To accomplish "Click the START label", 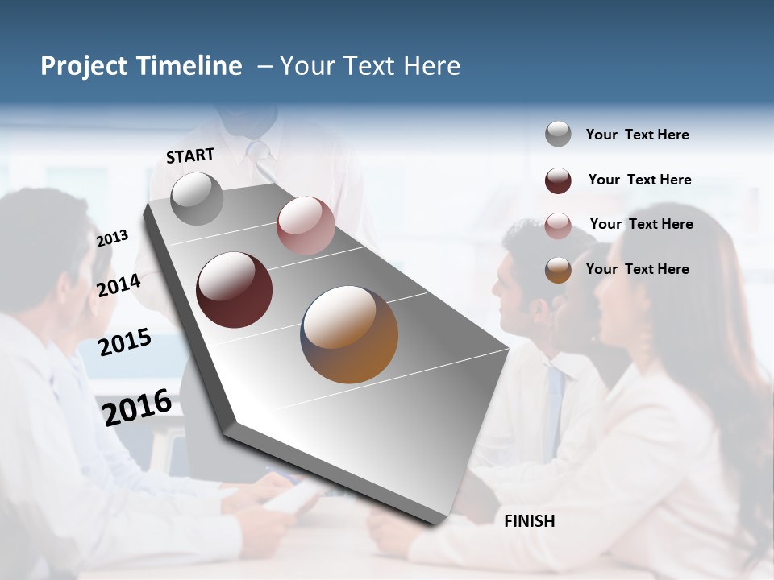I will point(190,155).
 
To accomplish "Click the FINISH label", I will point(529,521).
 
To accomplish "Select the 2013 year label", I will point(112,238).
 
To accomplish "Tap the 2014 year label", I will point(119,285).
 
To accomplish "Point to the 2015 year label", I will point(124,342).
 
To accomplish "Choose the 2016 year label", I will point(137,407).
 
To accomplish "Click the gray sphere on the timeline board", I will point(197,198).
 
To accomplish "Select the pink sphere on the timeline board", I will point(305,225).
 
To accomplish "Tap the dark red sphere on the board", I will point(234,290).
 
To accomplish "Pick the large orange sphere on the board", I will point(349,334).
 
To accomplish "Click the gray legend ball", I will point(558,134).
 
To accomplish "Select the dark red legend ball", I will point(558,180).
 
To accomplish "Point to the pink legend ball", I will point(558,226).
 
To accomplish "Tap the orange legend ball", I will point(558,270).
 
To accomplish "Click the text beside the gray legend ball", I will point(637,135).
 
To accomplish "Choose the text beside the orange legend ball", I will point(637,269).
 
